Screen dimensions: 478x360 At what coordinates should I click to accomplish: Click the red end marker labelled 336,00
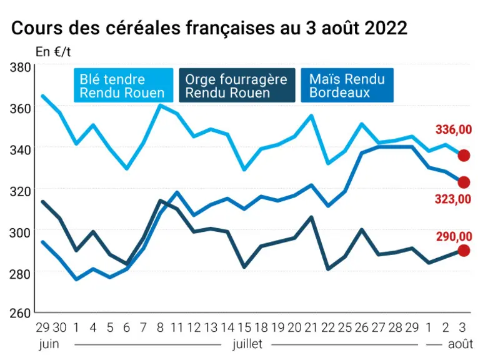464,156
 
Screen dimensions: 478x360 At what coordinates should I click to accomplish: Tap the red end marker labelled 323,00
464,182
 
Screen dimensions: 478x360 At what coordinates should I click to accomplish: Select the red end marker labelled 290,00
464,251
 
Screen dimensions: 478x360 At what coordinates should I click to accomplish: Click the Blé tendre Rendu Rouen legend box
124,86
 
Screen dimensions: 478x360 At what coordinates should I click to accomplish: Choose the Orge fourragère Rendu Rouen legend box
237,86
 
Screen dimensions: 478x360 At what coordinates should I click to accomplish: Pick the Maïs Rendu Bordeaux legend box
347,86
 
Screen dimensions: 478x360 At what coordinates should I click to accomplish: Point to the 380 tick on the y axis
20,67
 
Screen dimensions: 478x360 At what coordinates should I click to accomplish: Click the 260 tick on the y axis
20,313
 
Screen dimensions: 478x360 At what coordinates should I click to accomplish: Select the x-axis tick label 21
311,327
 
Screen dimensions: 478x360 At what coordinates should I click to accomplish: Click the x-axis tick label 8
161,327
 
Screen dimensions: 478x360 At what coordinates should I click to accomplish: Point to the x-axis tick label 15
244,327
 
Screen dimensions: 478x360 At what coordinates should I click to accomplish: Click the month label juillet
247,344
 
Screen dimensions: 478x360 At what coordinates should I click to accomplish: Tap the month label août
461,344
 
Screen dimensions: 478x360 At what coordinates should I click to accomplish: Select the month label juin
49,344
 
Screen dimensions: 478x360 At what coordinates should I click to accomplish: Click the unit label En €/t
53,52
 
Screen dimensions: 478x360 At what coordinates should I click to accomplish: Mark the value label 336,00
454,129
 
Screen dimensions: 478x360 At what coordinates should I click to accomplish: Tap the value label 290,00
454,236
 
